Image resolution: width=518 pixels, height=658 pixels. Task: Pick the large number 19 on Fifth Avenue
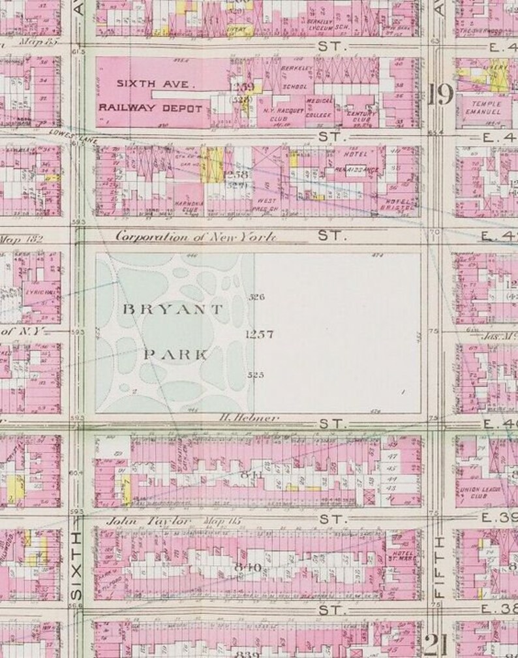click(441, 96)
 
